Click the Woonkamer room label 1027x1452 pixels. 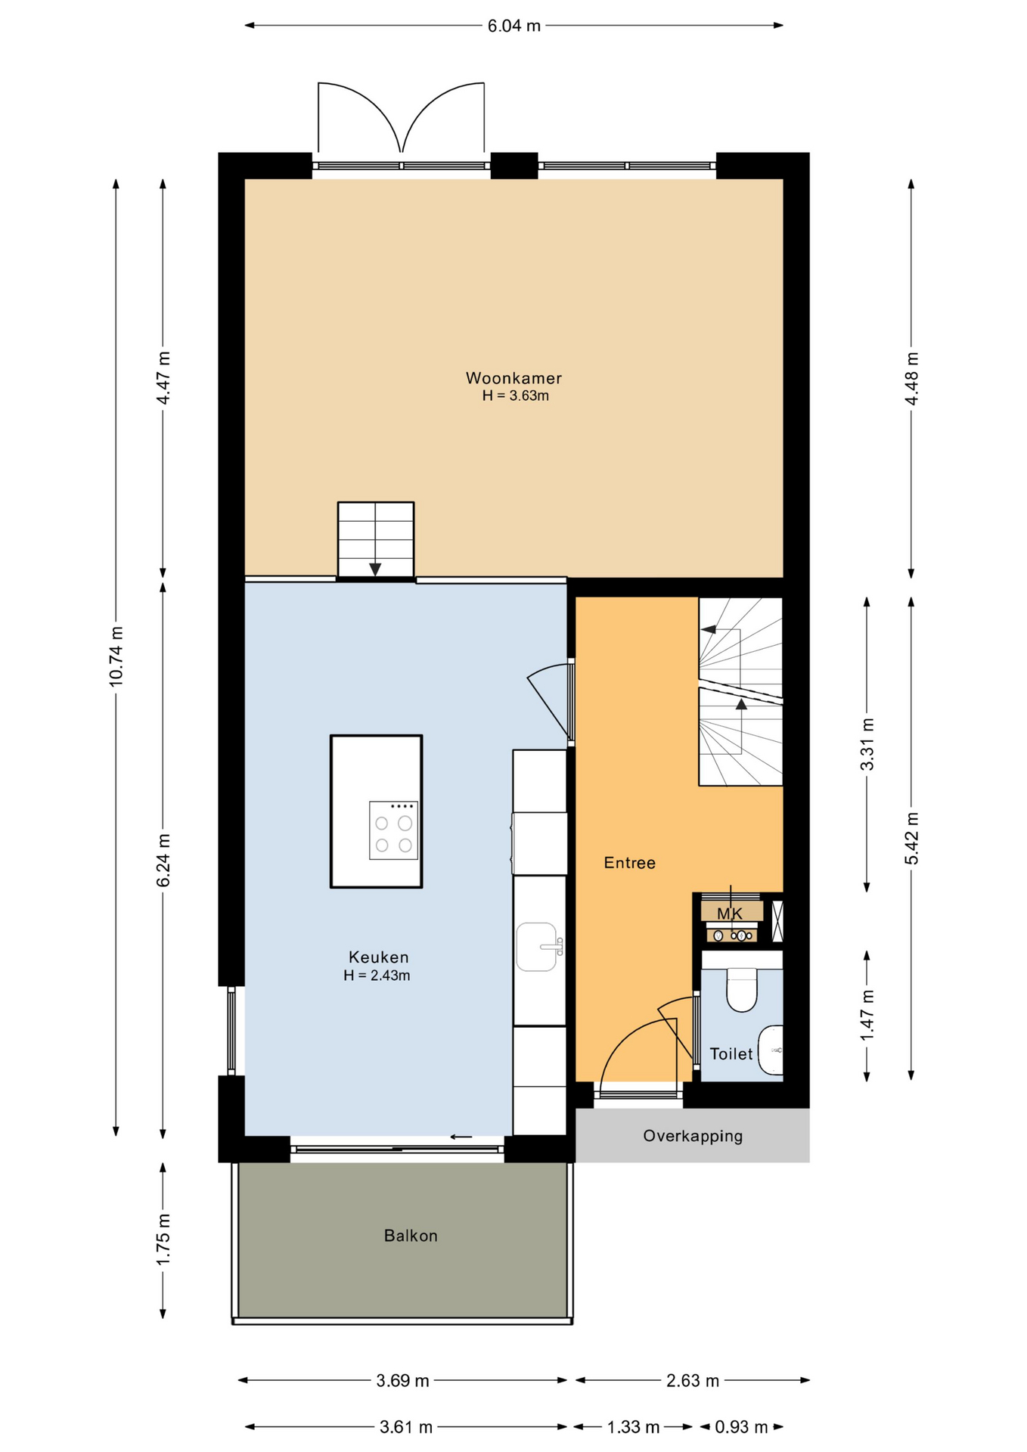(x=513, y=378)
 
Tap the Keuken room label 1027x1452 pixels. (x=378, y=957)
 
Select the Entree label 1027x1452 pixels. (x=629, y=863)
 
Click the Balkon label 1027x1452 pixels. (x=411, y=1236)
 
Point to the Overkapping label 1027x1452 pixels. (x=693, y=1136)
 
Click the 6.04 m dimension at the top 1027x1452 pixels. (x=514, y=26)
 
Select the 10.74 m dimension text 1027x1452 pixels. (x=116, y=656)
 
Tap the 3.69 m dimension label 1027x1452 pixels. (x=402, y=1381)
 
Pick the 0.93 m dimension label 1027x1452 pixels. (x=741, y=1427)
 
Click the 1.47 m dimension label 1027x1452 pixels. (x=867, y=1015)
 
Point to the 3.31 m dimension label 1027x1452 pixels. (x=867, y=745)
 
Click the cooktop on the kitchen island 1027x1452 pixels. (x=393, y=830)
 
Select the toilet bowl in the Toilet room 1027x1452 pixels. (x=742, y=989)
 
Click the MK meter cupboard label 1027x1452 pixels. (x=730, y=914)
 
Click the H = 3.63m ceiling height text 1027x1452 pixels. (x=516, y=396)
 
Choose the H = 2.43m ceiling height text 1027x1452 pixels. (x=377, y=976)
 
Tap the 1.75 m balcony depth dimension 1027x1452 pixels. (x=163, y=1239)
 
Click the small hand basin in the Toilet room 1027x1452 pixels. (x=771, y=1050)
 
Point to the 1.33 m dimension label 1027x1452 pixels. (x=634, y=1427)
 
